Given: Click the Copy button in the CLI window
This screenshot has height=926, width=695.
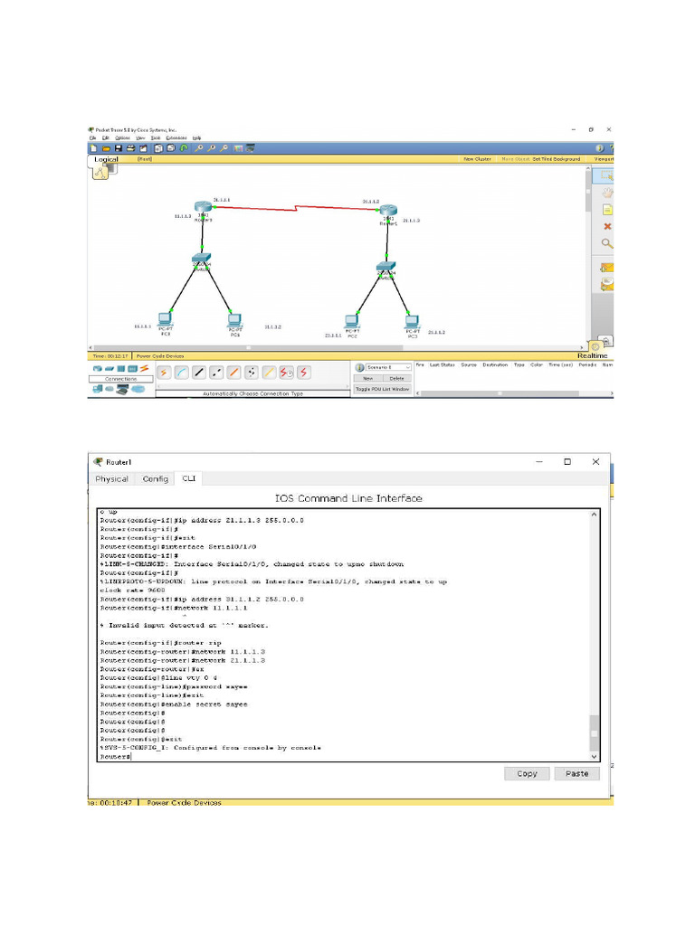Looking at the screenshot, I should click(527, 773).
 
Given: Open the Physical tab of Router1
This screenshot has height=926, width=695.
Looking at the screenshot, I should click(111, 478).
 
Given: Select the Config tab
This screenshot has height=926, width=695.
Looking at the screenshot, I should click(155, 478).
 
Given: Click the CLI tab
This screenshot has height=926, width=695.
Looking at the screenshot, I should click(188, 478).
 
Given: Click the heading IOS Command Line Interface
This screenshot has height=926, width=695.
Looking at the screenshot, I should click(348, 498).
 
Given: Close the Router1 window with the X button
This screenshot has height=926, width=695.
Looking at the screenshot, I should click(595, 461).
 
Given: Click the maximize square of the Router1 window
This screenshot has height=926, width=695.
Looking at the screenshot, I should click(567, 461).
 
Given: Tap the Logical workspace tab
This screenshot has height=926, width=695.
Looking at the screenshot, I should click(107, 159).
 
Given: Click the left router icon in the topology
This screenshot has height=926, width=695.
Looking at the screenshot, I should click(202, 210).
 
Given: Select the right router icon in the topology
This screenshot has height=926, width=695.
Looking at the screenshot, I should click(389, 212).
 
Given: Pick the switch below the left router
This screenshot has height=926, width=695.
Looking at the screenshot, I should click(201, 260).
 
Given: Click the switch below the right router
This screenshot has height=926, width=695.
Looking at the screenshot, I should click(386, 269).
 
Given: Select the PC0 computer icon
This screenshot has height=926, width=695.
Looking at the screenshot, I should click(165, 318).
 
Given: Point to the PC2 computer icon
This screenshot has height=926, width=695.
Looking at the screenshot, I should click(352, 321).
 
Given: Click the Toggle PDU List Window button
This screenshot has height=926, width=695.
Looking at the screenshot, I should click(382, 389).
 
